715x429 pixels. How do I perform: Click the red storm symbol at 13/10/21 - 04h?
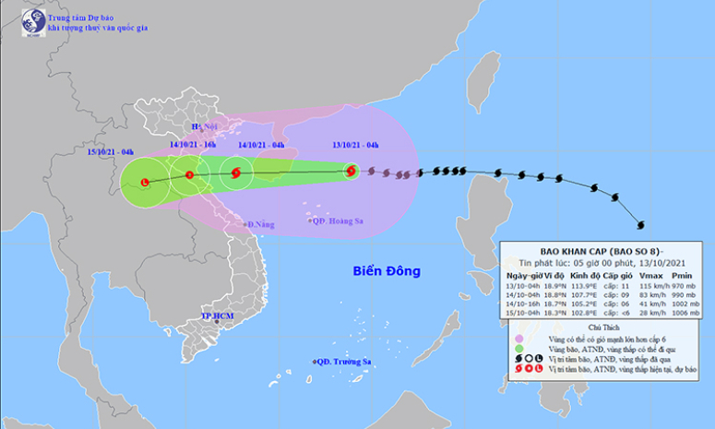(351, 170)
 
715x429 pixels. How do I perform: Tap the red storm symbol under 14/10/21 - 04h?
(236, 173)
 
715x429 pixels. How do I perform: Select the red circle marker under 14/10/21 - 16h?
(189, 174)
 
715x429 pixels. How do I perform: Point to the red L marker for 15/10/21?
(145, 182)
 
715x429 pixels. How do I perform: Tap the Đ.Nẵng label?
(260, 224)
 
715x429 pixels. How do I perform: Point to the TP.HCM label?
(218, 316)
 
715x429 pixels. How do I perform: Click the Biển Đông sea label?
(386, 271)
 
